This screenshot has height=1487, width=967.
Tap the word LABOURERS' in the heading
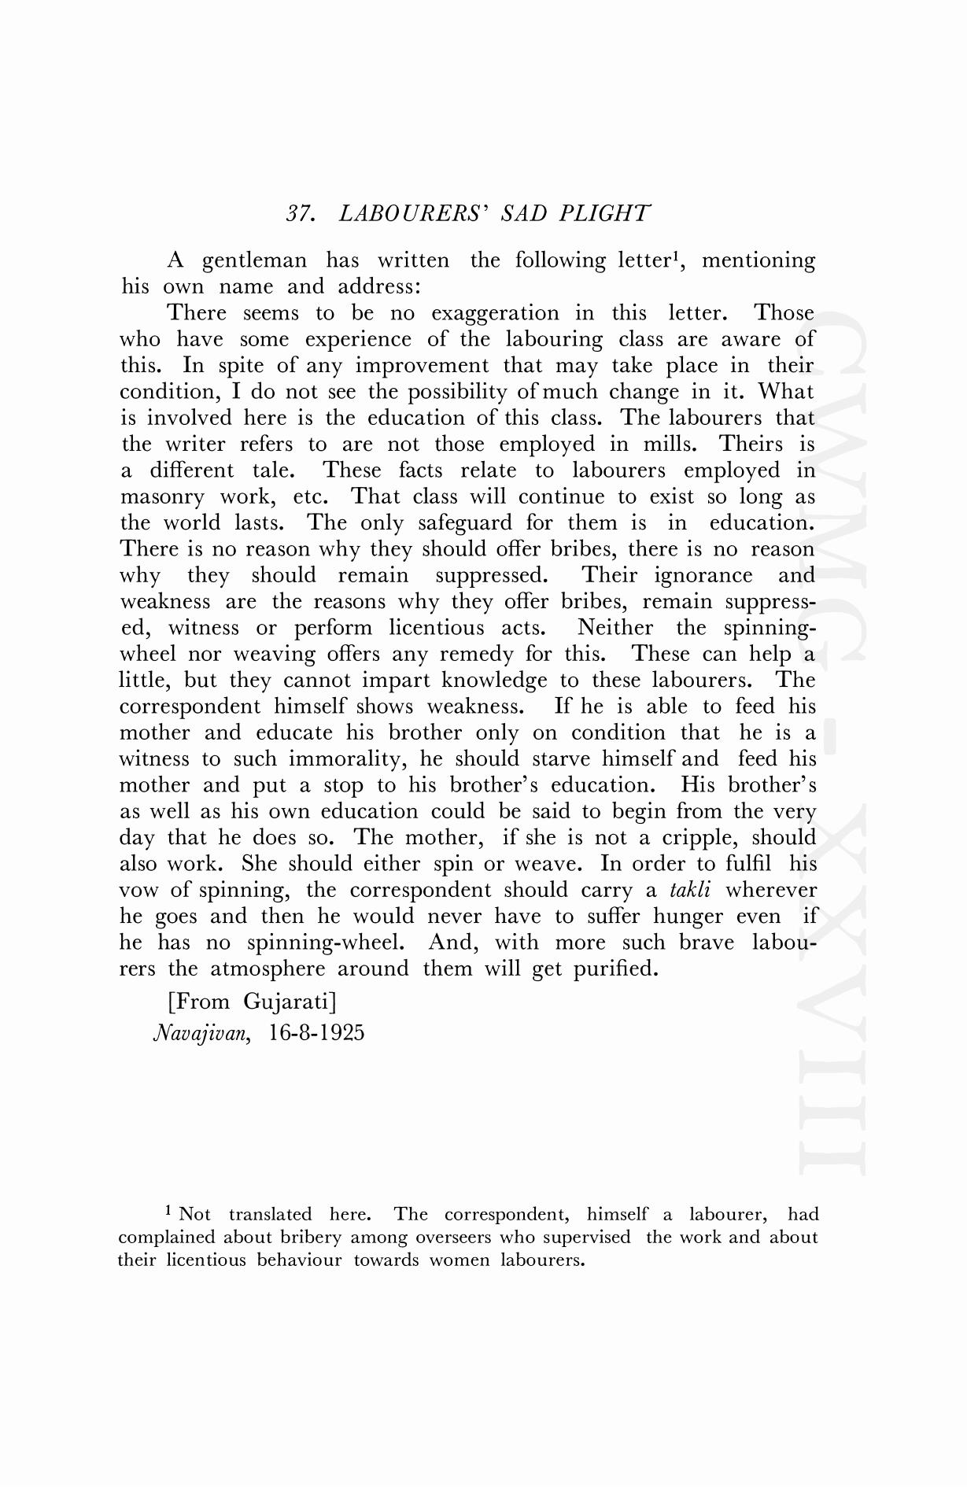point(408,214)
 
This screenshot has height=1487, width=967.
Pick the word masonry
point(161,497)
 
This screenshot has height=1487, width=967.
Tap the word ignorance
point(703,576)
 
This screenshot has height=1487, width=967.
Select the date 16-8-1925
point(316,1032)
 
